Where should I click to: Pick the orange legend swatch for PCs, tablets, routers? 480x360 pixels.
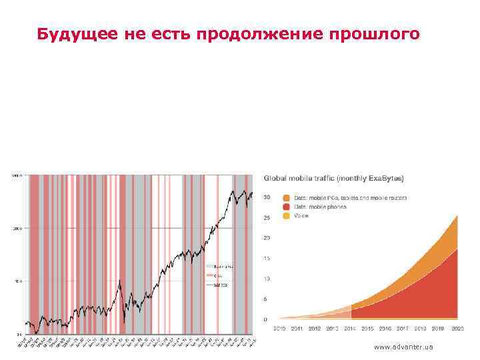pos(286,198)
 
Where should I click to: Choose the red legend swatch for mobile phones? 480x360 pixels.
pos(286,207)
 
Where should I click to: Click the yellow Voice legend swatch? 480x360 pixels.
pos(286,215)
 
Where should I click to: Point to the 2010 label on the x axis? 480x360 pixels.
pos(279,329)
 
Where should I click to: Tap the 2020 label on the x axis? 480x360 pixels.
pos(457,329)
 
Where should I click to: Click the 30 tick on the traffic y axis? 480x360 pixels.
pos(267,197)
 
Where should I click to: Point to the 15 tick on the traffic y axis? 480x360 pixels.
pos(267,258)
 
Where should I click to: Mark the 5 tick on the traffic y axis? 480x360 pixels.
pos(267,298)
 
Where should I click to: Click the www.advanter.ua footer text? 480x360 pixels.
pos(404,347)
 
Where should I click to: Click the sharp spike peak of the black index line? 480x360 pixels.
pos(119,281)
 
